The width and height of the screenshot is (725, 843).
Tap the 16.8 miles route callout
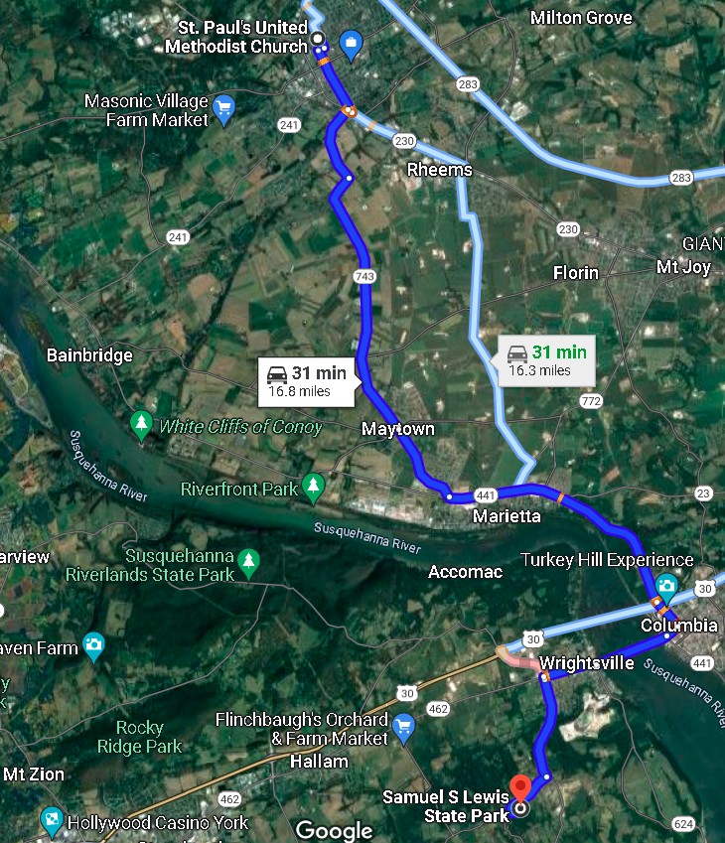(x=308, y=380)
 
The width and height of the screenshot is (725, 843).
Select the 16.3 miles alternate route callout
(x=545, y=360)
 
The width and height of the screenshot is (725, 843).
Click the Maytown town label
(x=398, y=429)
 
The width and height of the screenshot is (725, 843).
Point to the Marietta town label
(x=507, y=516)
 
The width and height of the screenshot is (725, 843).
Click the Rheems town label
(x=440, y=170)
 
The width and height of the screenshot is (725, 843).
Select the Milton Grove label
(x=581, y=18)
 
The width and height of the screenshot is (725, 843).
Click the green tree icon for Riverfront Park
(x=314, y=488)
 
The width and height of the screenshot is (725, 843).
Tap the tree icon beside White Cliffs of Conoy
(x=141, y=426)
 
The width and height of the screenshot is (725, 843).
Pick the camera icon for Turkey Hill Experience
(x=666, y=587)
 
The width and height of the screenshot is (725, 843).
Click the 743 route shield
(x=364, y=275)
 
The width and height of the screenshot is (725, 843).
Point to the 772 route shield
(x=591, y=401)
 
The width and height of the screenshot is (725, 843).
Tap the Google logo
(x=334, y=830)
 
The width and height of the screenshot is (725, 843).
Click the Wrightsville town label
(x=586, y=663)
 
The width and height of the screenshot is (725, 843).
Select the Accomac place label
(x=465, y=572)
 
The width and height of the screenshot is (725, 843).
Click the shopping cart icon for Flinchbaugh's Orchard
(x=403, y=727)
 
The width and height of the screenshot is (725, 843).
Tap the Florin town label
(x=577, y=272)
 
